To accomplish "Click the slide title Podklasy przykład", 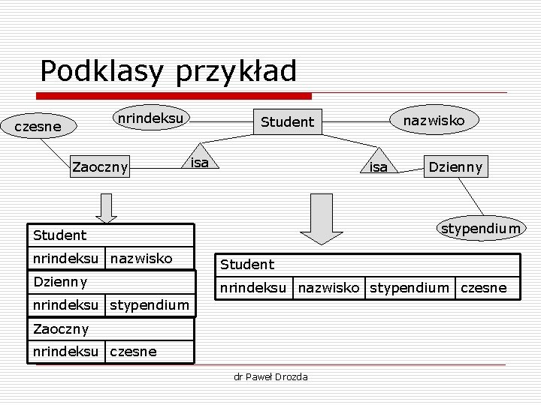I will (x=168, y=71).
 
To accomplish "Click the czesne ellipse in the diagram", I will (x=38, y=127).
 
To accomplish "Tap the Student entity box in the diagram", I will (x=287, y=121).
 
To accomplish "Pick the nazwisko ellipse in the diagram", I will (x=434, y=120).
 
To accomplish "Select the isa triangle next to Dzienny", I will (x=379, y=163).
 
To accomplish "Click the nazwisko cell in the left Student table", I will (x=141, y=259).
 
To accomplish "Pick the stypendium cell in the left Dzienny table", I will (x=150, y=304).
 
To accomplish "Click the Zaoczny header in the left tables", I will (x=61, y=328).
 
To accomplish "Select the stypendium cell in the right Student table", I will (x=409, y=287).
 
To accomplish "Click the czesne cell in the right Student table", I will (x=483, y=287).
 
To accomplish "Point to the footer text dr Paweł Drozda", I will (x=271, y=376).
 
